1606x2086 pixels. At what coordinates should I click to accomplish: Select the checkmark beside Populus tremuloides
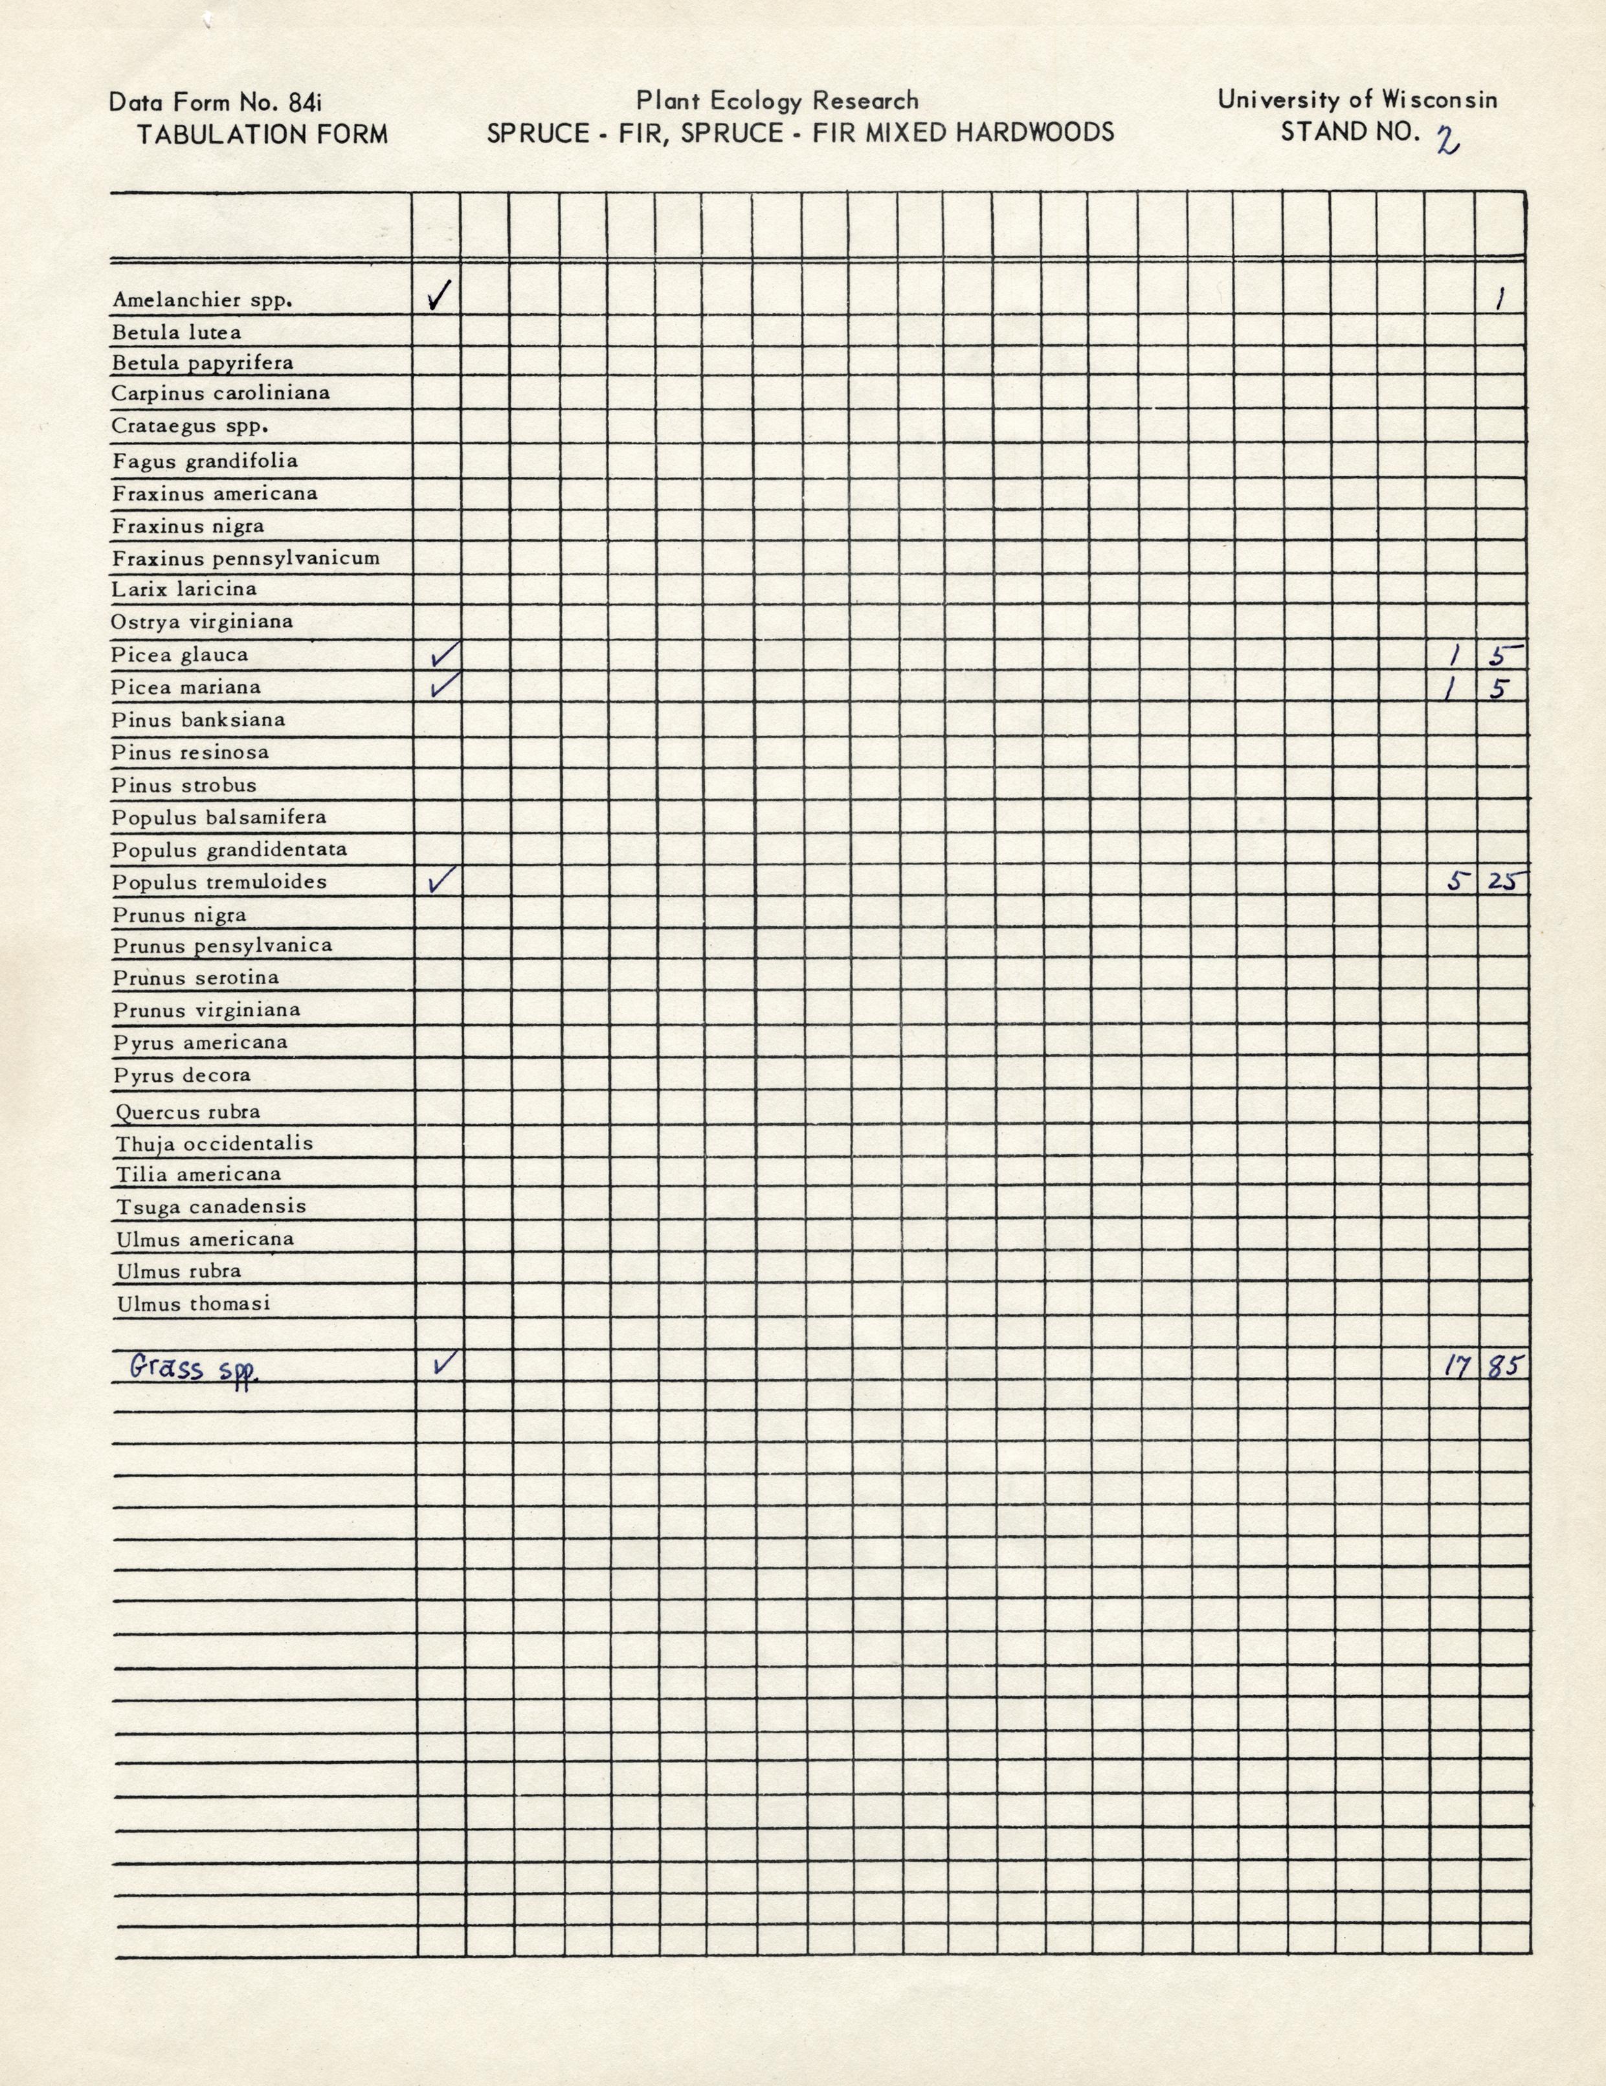coord(443,880)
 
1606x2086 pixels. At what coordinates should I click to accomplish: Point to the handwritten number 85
coord(1502,1367)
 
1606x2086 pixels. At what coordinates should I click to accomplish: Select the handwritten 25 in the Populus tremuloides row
coord(1503,881)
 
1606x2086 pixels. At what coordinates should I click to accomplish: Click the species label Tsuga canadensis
coord(211,1206)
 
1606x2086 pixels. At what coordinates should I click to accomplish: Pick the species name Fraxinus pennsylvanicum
coord(245,558)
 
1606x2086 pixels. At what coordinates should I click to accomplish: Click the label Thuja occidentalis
coord(214,1143)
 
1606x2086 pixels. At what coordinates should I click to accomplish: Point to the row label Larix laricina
coord(183,589)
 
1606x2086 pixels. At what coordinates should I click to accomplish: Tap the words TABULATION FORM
coord(262,134)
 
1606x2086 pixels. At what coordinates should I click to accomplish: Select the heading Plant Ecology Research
coord(777,100)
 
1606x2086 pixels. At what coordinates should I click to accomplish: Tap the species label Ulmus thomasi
coord(193,1304)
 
